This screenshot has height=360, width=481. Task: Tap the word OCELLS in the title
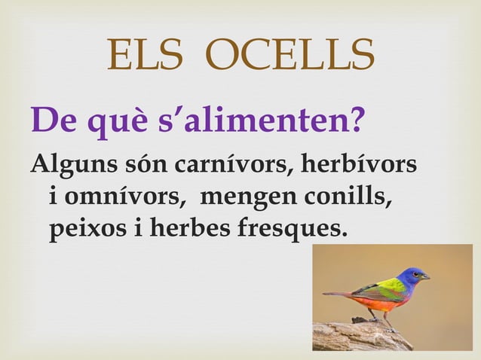point(290,55)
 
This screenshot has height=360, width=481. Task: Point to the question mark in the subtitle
point(356,118)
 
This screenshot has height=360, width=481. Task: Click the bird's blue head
point(412,277)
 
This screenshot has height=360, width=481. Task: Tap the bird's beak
point(426,277)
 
